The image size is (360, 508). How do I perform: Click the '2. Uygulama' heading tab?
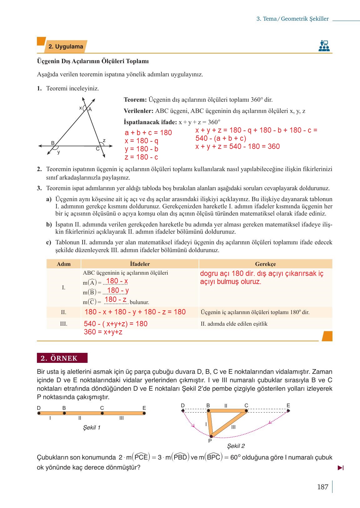pos(66,47)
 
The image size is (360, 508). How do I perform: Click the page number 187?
pos(322,487)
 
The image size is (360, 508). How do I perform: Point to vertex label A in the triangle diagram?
pos(90,109)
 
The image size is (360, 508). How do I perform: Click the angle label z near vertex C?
pos(104,140)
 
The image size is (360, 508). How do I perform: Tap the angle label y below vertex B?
pos(58,152)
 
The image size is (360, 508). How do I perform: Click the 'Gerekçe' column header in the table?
pos(265,264)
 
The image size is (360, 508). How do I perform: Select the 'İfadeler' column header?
pos(140,264)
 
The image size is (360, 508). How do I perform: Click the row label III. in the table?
pos(63,324)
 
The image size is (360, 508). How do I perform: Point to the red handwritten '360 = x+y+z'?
pos(103,332)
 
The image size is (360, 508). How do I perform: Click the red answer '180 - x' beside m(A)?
pos(117,281)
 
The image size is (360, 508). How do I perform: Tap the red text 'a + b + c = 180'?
pos(148,133)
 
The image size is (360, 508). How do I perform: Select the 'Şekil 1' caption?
pos(92,428)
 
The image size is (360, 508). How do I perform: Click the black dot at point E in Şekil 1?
pos(144,413)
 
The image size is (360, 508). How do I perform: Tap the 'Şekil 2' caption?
pos(236,446)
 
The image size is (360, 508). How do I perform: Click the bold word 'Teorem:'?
pos(135,100)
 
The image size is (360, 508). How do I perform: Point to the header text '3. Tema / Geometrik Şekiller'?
pos(292,19)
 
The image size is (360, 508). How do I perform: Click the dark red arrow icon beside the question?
pos(341,468)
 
